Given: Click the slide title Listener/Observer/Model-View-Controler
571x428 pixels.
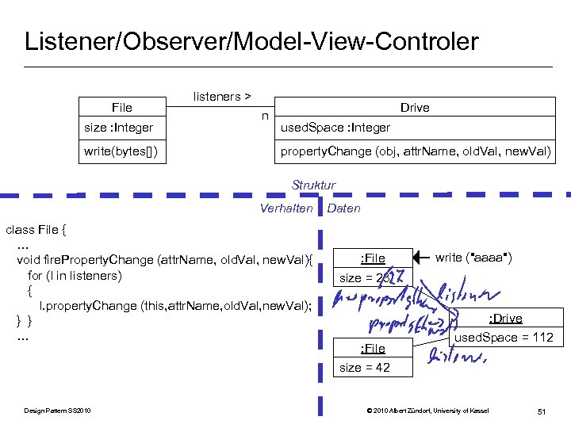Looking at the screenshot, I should [251, 41].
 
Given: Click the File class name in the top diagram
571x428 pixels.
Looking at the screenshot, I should [122, 108].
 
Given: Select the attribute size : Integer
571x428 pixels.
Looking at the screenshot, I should [119, 128].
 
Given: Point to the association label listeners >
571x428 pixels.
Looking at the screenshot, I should [223, 97].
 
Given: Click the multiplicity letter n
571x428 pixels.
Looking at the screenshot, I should [265, 116].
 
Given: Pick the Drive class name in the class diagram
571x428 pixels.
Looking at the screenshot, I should [415, 108].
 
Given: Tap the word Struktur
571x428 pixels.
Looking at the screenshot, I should [313, 185].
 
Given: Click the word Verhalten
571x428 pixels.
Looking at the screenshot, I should [286, 208].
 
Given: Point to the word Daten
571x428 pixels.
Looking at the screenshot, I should [343, 208].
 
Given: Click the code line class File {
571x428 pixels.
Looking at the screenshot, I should [36, 230].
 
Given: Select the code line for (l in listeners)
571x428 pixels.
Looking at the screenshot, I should [75, 276].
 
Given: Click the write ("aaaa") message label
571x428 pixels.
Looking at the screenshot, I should [473, 258].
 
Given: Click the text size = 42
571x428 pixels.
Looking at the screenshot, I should [365, 368].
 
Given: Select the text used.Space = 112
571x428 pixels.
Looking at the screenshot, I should [503, 338].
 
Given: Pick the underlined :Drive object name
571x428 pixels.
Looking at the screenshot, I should [505, 319].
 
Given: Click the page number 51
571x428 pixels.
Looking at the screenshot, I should [542, 411].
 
